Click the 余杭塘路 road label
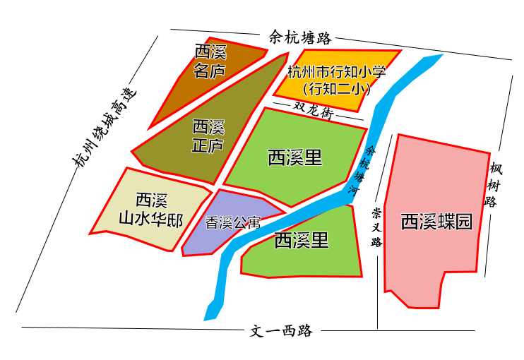(x=300, y=37)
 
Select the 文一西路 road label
(x=281, y=330)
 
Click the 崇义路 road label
(x=377, y=227)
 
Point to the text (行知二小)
(x=336, y=90)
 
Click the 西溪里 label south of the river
(x=302, y=241)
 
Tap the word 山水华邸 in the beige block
(x=150, y=220)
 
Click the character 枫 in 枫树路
(x=495, y=169)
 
